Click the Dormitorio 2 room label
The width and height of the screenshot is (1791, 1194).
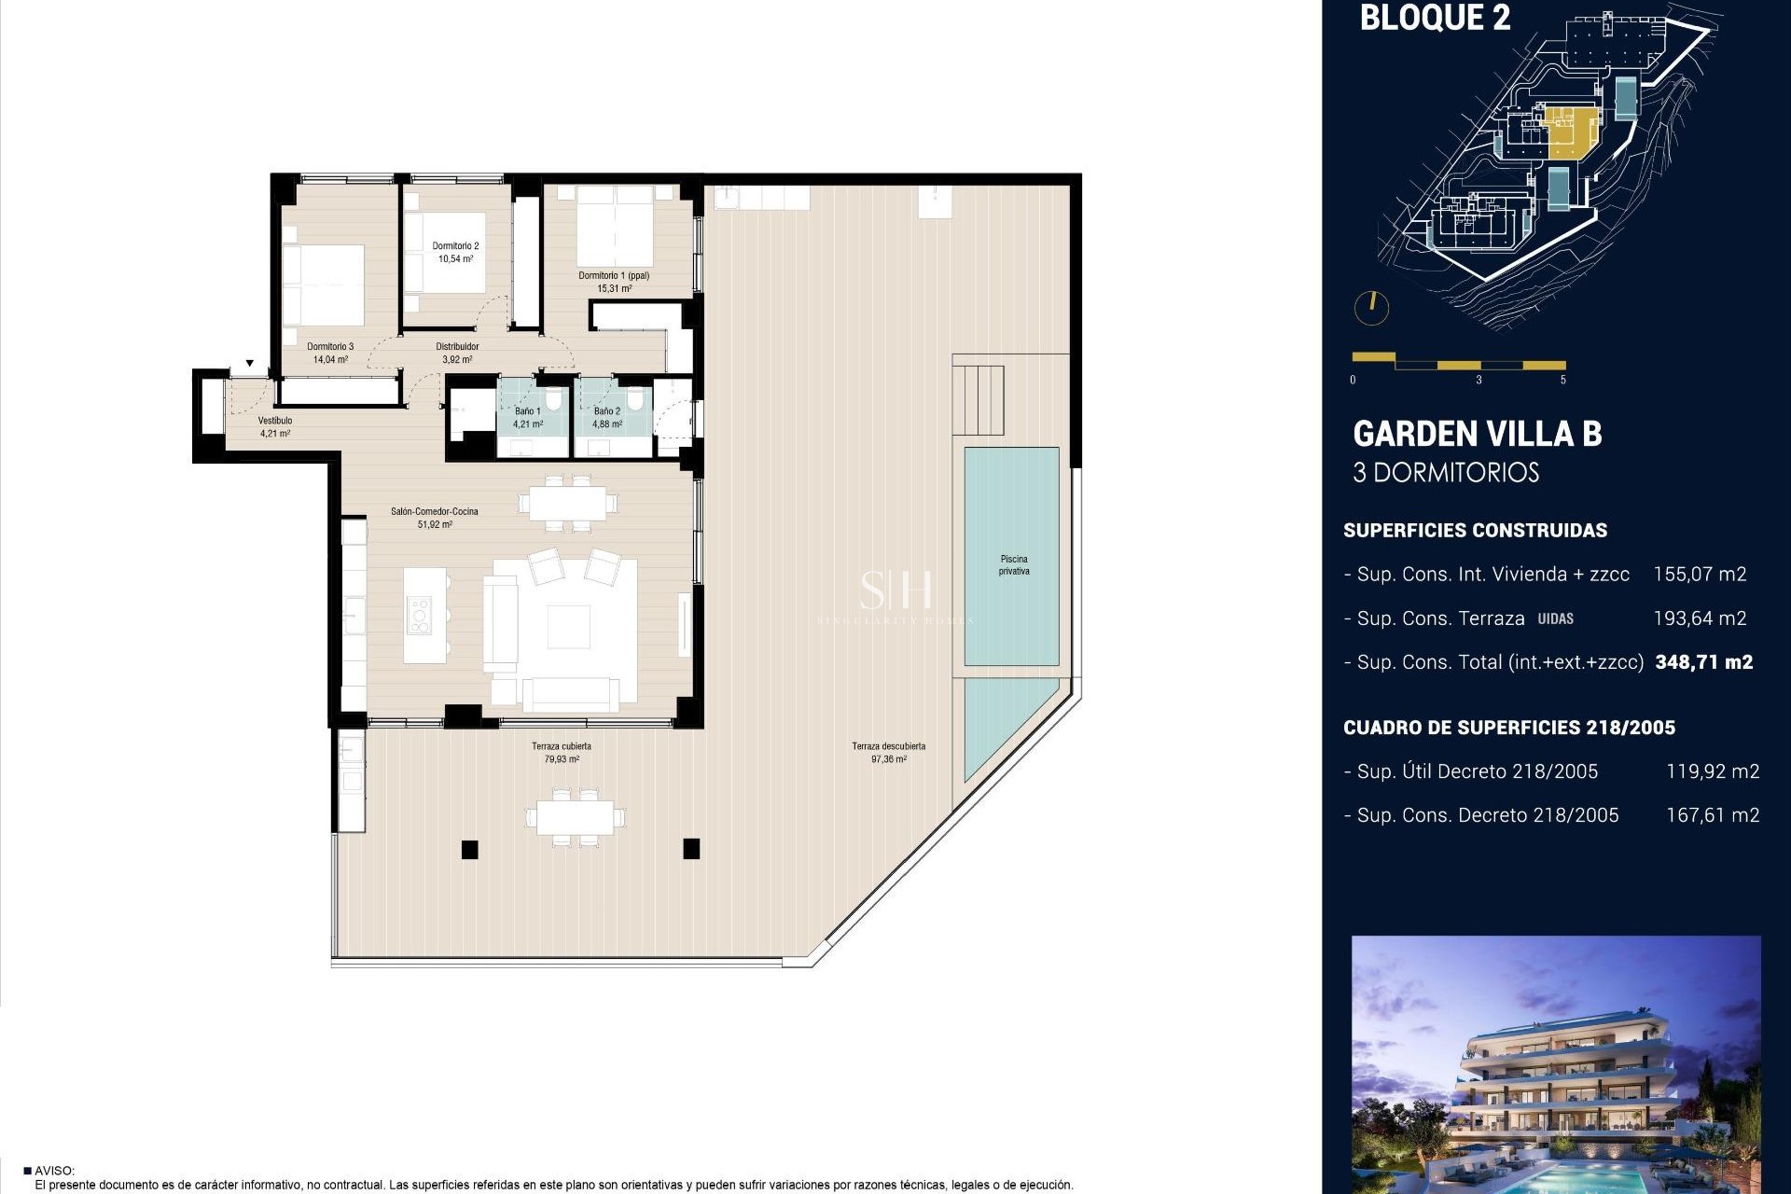coord(455,246)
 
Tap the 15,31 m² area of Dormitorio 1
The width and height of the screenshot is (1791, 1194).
coord(614,288)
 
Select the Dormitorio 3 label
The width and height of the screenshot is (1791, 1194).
coord(330,347)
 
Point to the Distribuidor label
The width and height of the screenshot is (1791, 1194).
coord(457,347)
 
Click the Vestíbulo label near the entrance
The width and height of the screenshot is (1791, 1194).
coord(275,421)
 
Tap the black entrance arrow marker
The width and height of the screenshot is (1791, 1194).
coord(250,364)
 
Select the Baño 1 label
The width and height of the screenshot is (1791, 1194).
coord(527,411)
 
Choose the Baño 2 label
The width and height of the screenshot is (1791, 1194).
coord(606,411)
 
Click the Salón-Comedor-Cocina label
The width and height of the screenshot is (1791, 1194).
coord(435,512)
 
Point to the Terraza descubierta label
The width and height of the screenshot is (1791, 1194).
coord(888,746)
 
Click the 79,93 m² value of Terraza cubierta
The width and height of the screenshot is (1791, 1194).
coord(562,759)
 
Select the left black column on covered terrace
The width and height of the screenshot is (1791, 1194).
coord(470,849)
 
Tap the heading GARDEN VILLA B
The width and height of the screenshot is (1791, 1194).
coord(1477,434)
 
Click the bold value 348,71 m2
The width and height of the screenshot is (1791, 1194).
coord(1703,662)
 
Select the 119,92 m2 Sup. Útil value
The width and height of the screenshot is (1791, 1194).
coord(1712,771)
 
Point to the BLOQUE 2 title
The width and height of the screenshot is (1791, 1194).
coord(1435,19)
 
